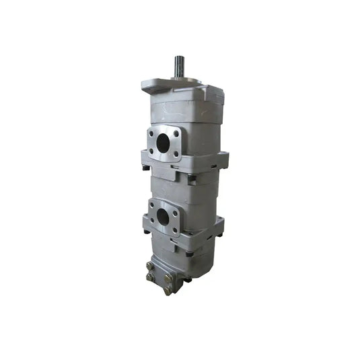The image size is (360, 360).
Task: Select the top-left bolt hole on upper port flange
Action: click(151, 133)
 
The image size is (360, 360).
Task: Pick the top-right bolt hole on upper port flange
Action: click(176, 133)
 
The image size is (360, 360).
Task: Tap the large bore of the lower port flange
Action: click(163, 216)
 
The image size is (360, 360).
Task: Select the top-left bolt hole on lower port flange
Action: click(152, 205)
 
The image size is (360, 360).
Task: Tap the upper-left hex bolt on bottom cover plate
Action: click(149, 266)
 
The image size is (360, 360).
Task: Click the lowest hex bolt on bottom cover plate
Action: click(168, 290)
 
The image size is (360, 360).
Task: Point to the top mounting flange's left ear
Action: click(149, 86)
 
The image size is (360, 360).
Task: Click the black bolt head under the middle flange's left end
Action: click(145, 168)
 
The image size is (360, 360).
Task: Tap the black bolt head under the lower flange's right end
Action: click(219, 235)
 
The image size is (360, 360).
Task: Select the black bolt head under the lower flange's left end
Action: click(147, 232)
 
